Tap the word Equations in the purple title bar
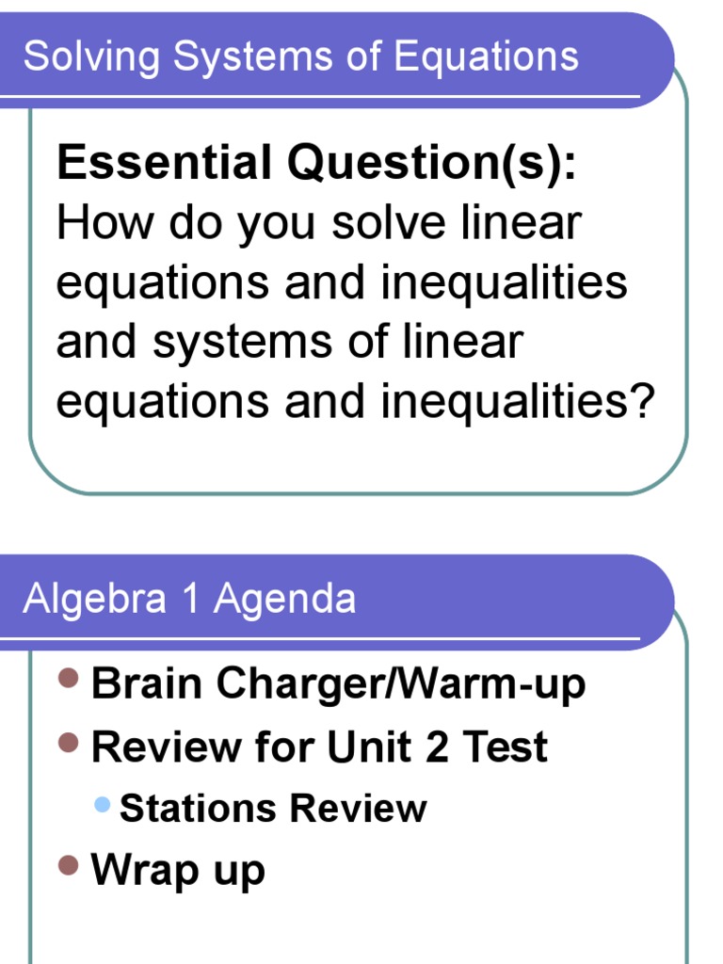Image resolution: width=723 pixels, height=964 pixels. (x=487, y=56)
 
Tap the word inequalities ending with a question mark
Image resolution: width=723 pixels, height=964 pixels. (x=517, y=402)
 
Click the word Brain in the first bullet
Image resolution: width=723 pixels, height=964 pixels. (x=148, y=684)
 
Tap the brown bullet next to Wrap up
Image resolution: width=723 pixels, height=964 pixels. (x=67, y=865)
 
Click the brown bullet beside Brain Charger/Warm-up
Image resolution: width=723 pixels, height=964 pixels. (x=67, y=678)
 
